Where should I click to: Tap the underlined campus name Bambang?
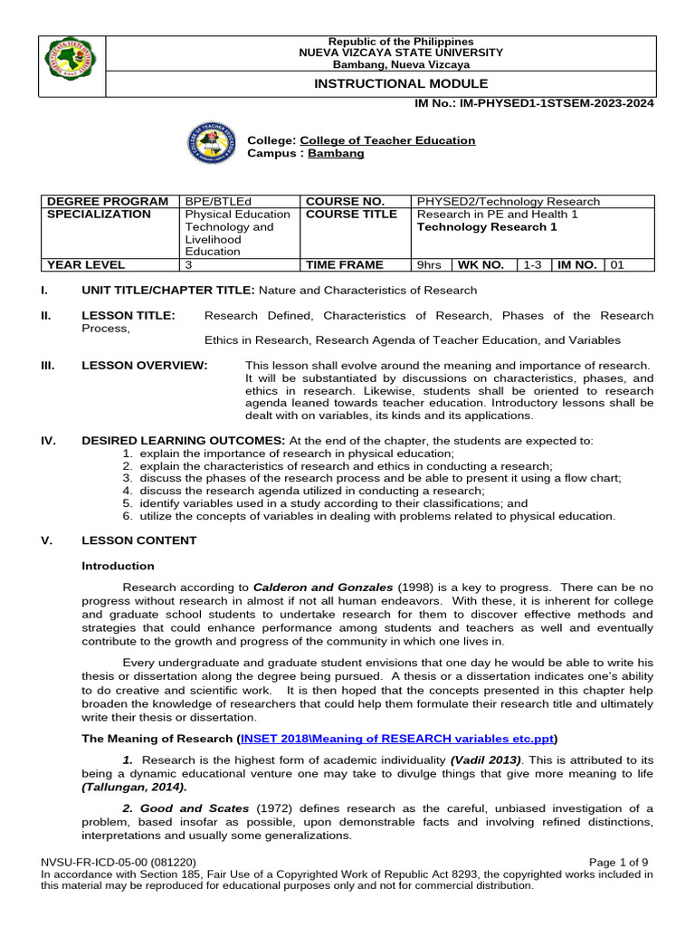point(337,153)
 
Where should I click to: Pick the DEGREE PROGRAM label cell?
point(107,201)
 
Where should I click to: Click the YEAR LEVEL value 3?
point(189,265)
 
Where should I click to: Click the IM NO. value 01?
point(617,265)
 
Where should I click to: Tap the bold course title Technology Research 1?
point(486,227)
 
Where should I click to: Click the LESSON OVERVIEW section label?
point(144,365)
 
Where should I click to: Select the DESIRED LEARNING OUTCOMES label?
point(183,441)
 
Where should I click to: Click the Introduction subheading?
point(118,566)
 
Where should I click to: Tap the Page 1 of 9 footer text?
point(618,862)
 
